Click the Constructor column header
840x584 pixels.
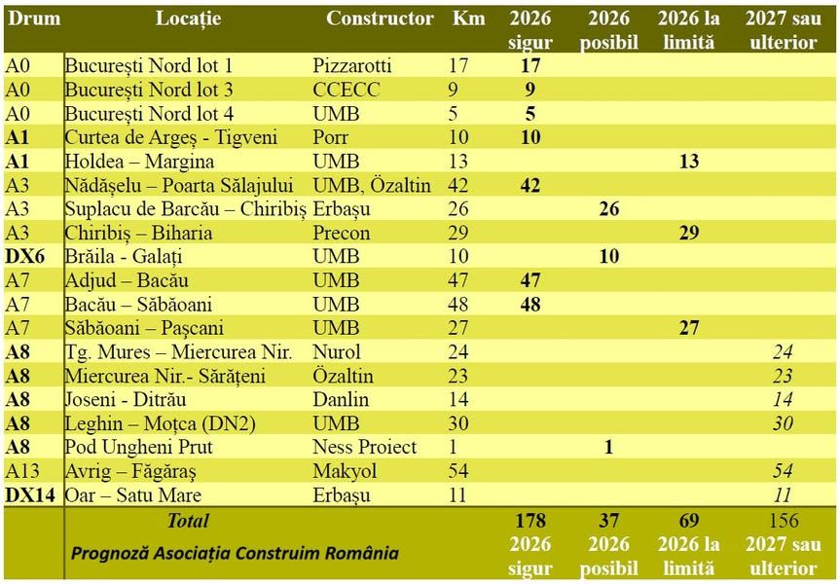tap(380, 18)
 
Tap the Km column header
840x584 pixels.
tap(469, 18)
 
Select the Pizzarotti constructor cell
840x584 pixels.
tap(352, 66)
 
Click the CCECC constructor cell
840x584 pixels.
tap(347, 90)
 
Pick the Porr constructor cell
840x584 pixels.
tap(333, 137)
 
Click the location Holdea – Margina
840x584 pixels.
tap(139, 162)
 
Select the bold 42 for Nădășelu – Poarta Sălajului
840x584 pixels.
tap(530, 186)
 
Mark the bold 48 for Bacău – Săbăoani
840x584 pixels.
tap(530, 305)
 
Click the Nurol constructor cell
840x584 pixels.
tap(337, 352)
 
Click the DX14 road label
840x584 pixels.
tap(30, 495)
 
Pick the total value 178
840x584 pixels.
tap(530, 521)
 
